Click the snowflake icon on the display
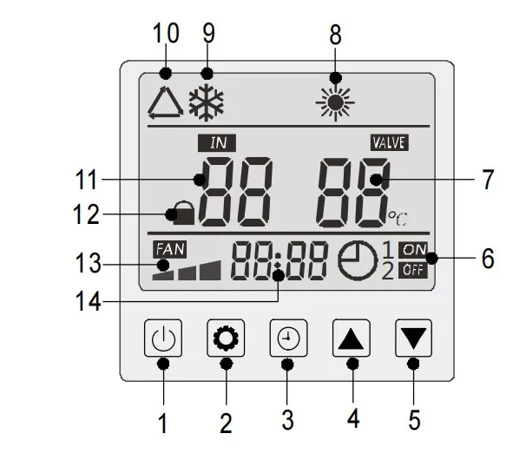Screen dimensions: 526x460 [207, 102]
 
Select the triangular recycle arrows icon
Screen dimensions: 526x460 [165, 102]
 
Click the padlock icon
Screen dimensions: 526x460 [182, 211]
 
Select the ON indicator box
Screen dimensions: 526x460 [414, 250]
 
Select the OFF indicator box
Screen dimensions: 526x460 [414, 269]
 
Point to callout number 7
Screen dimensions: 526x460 [487, 181]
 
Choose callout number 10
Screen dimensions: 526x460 [165, 35]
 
